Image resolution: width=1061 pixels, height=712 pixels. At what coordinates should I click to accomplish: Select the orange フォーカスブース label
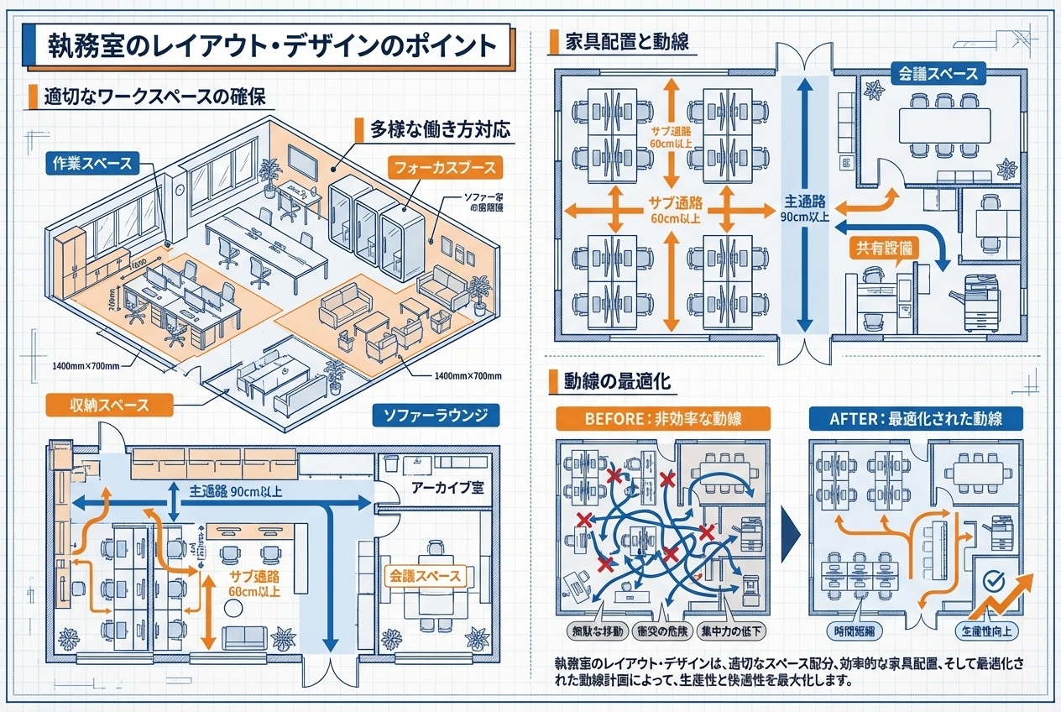point(445,168)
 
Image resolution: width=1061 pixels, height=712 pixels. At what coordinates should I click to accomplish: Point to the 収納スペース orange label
point(109,405)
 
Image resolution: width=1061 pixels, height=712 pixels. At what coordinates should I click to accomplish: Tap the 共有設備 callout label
point(884,248)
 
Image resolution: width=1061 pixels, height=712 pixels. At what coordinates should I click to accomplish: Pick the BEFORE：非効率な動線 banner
point(651,417)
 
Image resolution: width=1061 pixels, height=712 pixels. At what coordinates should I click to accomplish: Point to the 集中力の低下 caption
point(732,630)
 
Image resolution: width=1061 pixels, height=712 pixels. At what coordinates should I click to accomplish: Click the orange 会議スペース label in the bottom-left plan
point(425,576)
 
